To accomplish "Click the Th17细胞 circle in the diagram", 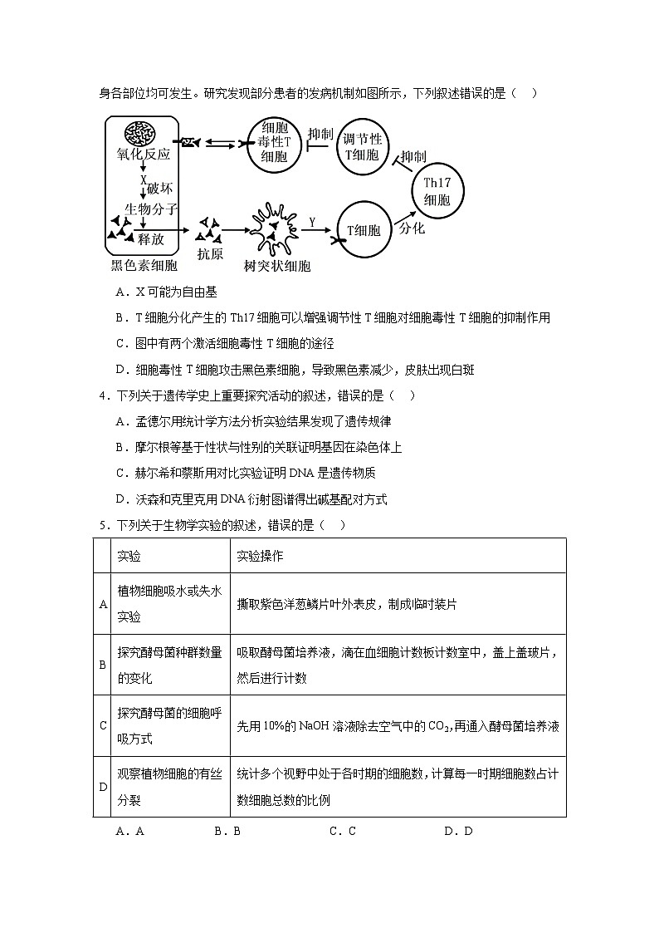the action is pos(437,190).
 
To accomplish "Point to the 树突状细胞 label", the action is pos(277,266).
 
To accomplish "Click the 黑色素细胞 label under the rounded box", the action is pos(144,266).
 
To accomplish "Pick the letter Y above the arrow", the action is pos(312,222).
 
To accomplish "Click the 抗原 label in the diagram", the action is pos(210,254).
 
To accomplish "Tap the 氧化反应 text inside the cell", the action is pos(143,155).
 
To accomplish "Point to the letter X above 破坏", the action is pos(143,179).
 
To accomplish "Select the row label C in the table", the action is pos(103,725).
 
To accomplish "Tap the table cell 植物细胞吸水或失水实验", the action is pos(169,604).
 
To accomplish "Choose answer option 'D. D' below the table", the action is pos(457,831).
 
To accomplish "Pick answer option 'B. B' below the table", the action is pos(227,831).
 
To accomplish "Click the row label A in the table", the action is pos(103,604).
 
